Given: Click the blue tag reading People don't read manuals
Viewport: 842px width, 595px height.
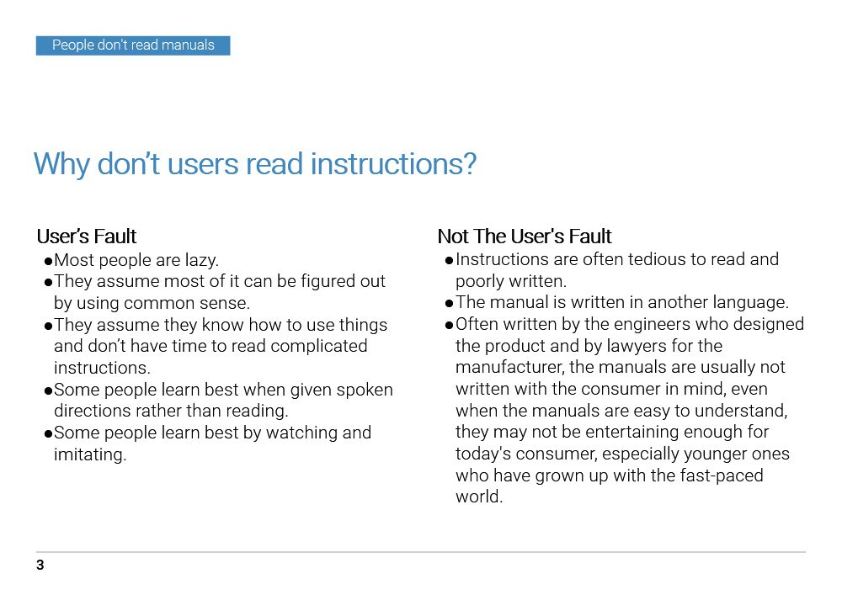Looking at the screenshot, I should click(x=133, y=45).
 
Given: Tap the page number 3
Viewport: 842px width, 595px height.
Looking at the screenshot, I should click(x=40, y=566).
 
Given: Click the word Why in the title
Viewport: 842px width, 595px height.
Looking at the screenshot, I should click(x=61, y=163).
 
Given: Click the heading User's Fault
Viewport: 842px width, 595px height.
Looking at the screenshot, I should click(x=87, y=236).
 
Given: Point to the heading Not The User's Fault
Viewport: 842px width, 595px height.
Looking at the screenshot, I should click(x=525, y=236).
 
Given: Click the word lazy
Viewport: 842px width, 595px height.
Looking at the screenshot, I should click(x=201, y=260).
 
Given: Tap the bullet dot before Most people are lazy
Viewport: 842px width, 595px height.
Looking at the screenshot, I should click(x=49, y=261).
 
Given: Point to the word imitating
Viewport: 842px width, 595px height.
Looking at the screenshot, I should click(x=89, y=455).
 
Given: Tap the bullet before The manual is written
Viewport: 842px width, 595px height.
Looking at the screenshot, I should click(x=450, y=303).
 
